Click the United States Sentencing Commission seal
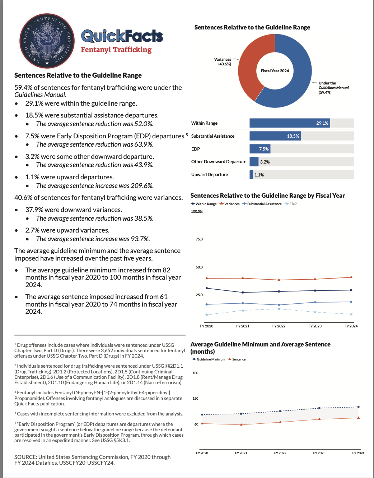pyautogui.click(x=47, y=41)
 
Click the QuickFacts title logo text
pyautogui.click(x=122, y=36)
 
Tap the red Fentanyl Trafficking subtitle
pyautogui.click(x=116, y=50)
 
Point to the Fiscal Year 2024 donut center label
pyautogui.click(x=275, y=71)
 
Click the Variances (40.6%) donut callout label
pyautogui.click(x=223, y=62)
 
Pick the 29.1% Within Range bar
pyautogui.click(x=289, y=123)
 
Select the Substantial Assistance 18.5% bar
pyautogui.click(x=275, y=136)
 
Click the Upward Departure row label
pyautogui.click(x=210, y=175)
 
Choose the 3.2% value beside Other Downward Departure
pyautogui.click(x=265, y=162)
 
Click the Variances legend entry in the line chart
pyautogui.click(x=230, y=204)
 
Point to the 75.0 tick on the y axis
pyautogui.click(x=199, y=239)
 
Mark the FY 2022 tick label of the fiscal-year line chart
pyautogui.click(x=279, y=326)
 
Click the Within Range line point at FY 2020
pyautogui.click(x=207, y=288)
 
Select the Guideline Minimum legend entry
pyautogui.click(x=209, y=359)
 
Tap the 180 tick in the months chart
pyautogui.click(x=195, y=373)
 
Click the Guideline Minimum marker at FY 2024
pyautogui.click(x=358, y=407)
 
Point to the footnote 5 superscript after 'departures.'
pyautogui.click(x=187, y=134)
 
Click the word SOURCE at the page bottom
pyautogui.click(x=25, y=457)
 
